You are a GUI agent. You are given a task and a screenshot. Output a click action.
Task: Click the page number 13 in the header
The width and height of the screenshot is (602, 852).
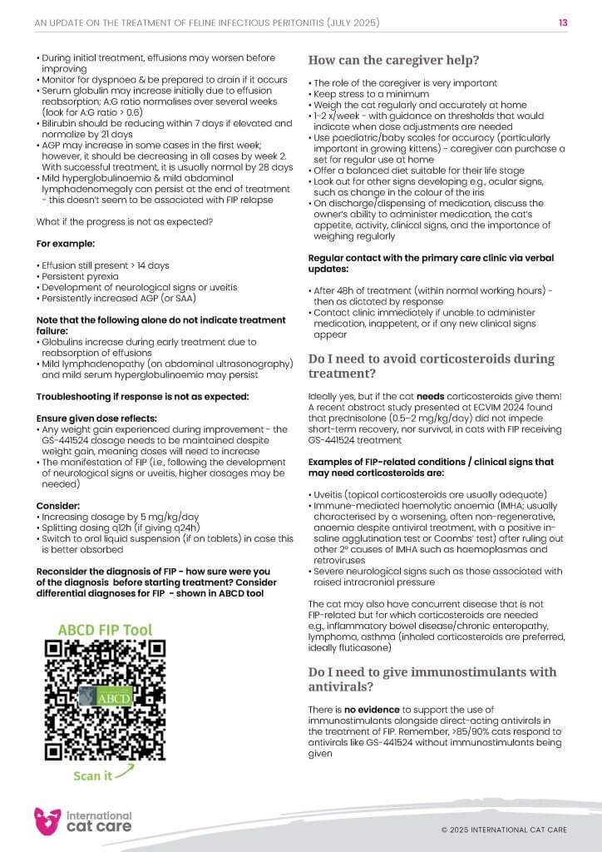coord(563,22)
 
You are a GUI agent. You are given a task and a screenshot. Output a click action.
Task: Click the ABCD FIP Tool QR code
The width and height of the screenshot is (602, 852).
coord(104,700)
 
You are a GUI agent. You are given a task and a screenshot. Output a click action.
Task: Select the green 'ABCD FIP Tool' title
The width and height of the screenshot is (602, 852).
coord(105,631)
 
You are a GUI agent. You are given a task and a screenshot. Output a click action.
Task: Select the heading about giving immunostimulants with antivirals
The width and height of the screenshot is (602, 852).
coord(432,680)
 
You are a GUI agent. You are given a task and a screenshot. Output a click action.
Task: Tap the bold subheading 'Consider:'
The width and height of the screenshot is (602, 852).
coord(58,504)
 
